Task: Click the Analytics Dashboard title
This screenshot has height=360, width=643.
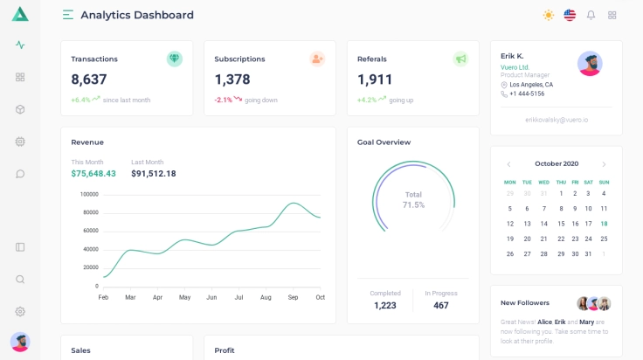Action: pyautogui.click(x=137, y=15)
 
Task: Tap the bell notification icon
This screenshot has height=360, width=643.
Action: pyautogui.click(x=591, y=15)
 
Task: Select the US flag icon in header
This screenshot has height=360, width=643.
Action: pyautogui.click(x=570, y=15)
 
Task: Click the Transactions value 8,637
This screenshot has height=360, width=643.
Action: pyautogui.click(x=89, y=80)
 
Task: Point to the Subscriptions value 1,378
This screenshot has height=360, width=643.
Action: pyautogui.click(x=232, y=80)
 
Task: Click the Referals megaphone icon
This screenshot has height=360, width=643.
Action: pyautogui.click(x=460, y=59)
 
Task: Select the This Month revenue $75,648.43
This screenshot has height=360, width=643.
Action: pyautogui.click(x=93, y=174)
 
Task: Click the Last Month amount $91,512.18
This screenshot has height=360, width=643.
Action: pyautogui.click(x=154, y=174)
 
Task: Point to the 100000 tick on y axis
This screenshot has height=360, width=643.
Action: pyautogui.click(x=89, y=194)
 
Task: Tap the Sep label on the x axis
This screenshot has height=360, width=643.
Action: pyautogui.click(x=293, y=297)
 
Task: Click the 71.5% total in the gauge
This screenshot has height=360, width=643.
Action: pyautogui.click(x=413, y=204)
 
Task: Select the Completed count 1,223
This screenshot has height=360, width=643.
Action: pyautogui.click(x=385, y=305)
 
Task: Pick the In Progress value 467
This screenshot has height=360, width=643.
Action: pyautogui.click(x=441, y=305)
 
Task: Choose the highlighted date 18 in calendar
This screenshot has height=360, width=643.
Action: pyautogui.click(x=604, y=224)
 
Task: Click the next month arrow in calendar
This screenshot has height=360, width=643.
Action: pyautogui.click(x=604, y=164)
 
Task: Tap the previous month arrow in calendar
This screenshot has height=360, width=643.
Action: pyautogui.click(x=508, y=164)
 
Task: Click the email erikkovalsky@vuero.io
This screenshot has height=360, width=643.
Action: pyautogui.click(x=557, y=119)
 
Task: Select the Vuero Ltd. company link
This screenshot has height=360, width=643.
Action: pyautogui.click(x=515, y=66)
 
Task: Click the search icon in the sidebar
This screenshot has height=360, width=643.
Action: pyautogui.click(x=20, y=279)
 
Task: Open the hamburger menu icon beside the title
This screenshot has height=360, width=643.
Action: pyautogui.click(x=68, y=15)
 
